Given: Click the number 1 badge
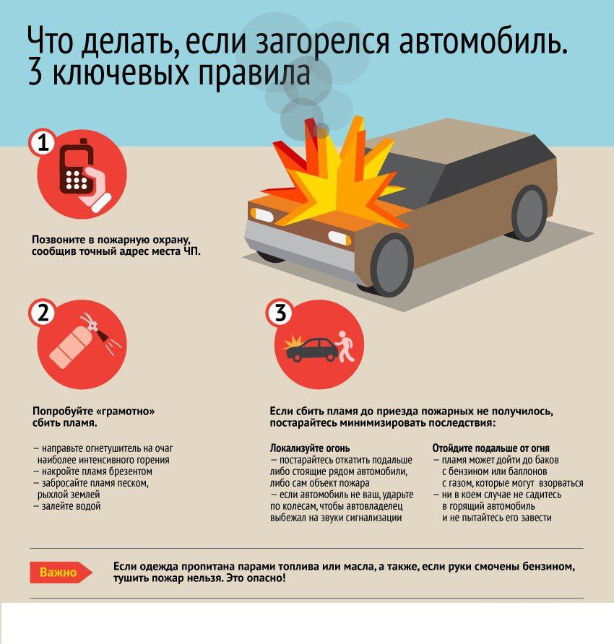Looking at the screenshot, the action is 43,143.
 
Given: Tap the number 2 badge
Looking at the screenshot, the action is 43,313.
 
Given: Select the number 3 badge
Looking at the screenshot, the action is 280,313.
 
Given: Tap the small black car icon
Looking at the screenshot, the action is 311,349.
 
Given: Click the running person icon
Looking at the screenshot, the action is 345,346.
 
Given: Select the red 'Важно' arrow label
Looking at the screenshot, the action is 61,572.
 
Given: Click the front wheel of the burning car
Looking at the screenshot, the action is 392,265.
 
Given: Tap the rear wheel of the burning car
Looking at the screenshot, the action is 529,213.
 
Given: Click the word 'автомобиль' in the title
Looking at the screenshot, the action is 483,42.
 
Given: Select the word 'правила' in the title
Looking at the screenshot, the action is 255,74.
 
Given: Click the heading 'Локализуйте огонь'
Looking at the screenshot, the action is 310,448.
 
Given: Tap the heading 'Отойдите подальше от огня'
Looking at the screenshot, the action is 490,448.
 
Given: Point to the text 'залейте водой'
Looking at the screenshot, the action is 71,506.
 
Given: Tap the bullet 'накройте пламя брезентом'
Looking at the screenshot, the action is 92,471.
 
